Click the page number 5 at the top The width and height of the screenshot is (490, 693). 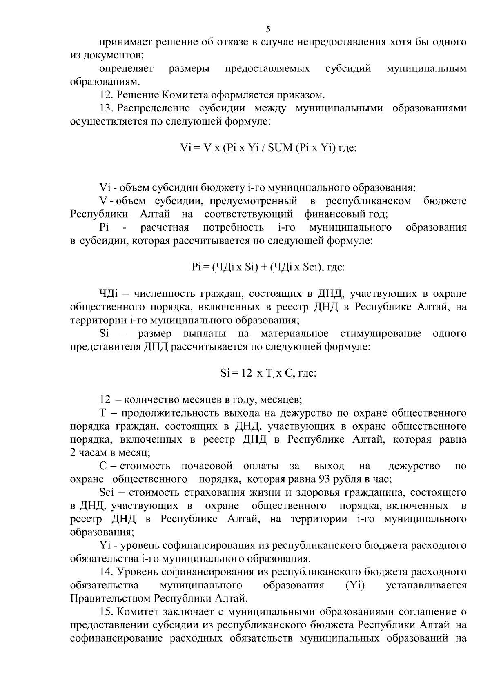tap(268, 29)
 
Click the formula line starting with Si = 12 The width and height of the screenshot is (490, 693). tap(268, 373)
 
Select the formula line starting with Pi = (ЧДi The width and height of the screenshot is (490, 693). tap(268, 267)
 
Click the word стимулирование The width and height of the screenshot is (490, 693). tap(380, 334)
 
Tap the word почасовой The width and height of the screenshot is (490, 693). tap(207, 466)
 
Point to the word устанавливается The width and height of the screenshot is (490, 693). tap(426, 585)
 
